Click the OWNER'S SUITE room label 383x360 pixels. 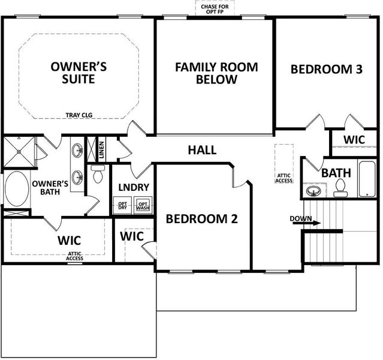click(x=79, y=73)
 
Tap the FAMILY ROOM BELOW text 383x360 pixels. click(x=216, y=73)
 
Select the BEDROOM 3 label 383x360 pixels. click(x=327, y=69)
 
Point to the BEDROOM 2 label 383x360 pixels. click(x=202, y=219)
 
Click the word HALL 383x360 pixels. click(x=202, y=150)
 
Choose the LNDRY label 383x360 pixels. click(x=133, y=188)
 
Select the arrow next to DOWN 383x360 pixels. click(x=315, y=223)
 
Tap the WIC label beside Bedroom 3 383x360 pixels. click(x=354, y=139)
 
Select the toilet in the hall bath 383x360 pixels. click(x=340, y=188)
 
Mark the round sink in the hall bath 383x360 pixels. click(x=313, y=191)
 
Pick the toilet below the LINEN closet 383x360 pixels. click(x=98, y=174)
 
